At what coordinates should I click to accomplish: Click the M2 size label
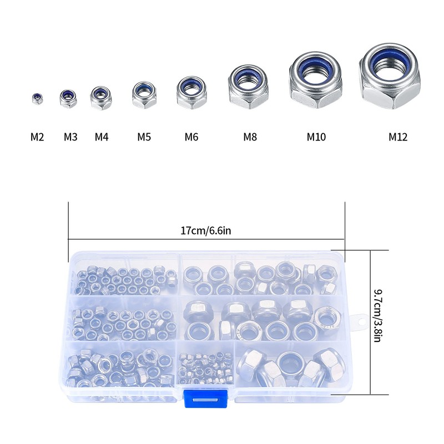point(37,137)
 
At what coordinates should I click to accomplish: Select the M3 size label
point(70,137)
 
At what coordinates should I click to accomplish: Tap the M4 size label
point(102,137)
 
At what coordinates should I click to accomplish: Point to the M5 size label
point(144,137)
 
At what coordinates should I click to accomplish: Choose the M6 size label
point(191,137)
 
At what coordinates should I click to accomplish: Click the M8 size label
point(250,137)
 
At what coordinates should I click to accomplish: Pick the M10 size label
point(316,137)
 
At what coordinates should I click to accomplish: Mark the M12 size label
point(398,137)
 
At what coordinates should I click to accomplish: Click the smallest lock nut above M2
point(37,99)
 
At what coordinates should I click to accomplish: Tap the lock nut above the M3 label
point(68,99)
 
